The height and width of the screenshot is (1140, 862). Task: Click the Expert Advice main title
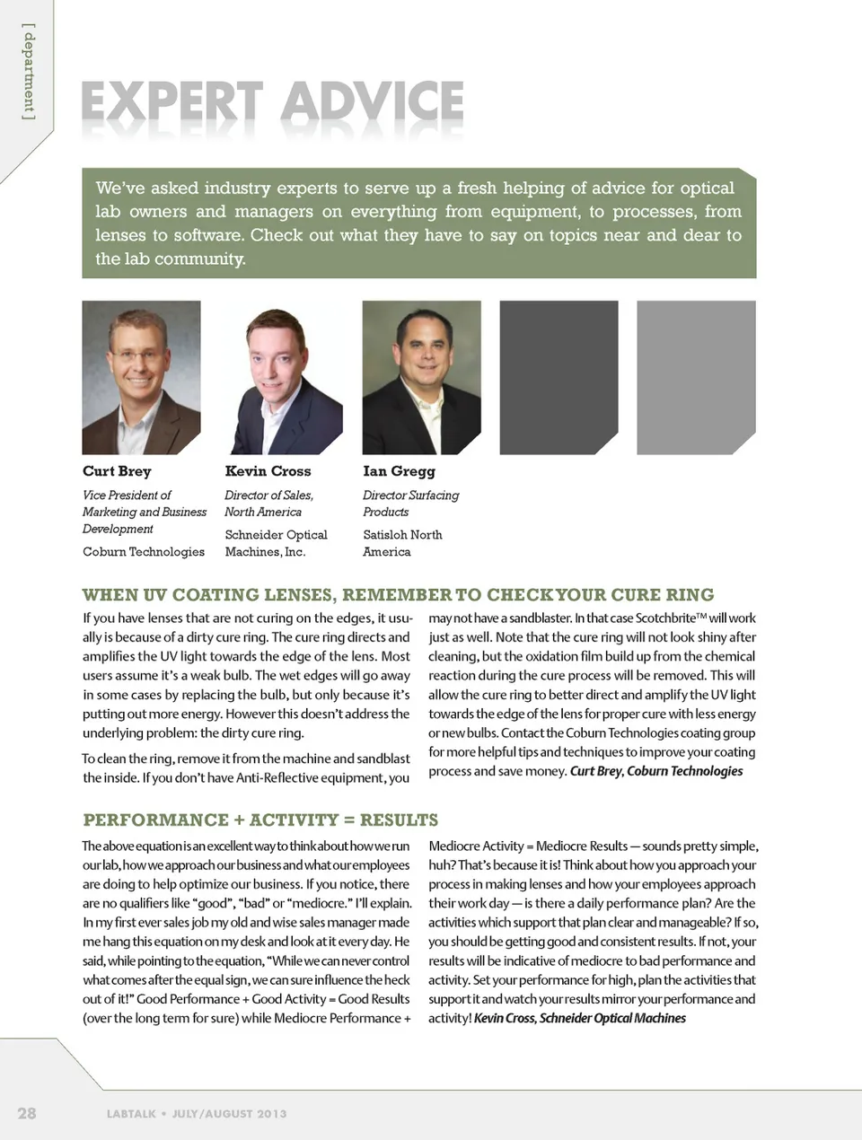pos(272,103)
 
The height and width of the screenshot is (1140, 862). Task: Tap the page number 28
pos(27,1113)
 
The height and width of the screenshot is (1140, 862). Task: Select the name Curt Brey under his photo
pos(117,471)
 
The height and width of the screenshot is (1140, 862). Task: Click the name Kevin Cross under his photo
pos(268,471)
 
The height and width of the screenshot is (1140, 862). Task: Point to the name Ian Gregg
pos(399,471)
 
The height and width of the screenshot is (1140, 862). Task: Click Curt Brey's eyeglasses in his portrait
pos(139,355)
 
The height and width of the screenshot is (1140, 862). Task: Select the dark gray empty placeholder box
pos(559,377)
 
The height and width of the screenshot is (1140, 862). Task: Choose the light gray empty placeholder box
pos(696,377)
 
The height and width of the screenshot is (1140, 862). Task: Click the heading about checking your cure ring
pos(398,595)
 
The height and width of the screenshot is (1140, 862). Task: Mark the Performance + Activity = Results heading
pos(260,820)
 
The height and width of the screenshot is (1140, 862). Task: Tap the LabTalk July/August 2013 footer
pos(197,1114)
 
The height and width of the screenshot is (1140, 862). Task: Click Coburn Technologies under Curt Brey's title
pos(144,551)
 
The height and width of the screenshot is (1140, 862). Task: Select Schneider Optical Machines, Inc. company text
pos(276,543)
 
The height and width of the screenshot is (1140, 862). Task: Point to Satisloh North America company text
pos(402,543)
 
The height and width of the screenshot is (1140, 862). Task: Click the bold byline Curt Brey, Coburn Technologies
pos(656,771)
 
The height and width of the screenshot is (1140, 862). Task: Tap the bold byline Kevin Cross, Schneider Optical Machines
pos(579,1018)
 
